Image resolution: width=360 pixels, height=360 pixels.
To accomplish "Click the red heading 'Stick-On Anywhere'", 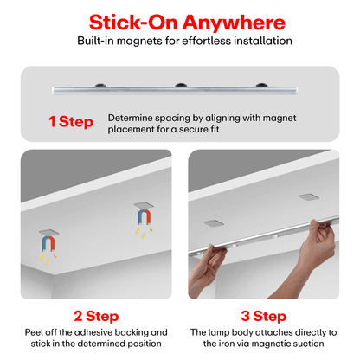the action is click(x=187, y=22).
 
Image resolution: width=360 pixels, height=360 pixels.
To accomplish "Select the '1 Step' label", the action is click(x=71, y=121).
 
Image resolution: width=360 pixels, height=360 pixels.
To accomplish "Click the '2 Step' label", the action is click(x=96, y=316).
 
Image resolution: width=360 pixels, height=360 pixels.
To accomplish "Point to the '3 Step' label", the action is click(x=264, y=316).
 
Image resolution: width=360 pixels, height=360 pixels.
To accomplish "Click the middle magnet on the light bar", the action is click(x=181, y=85).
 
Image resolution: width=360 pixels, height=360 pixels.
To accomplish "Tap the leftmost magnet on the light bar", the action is click(x=100, y=85).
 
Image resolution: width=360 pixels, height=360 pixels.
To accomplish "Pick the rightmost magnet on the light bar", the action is click(x=261, y=85).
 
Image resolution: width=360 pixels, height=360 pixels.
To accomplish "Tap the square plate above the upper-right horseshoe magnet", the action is click(x=144, y=205).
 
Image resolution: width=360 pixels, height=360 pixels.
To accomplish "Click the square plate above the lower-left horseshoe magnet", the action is click(x=49, y=232).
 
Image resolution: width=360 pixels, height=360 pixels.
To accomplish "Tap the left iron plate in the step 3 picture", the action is click(x=214, y=223).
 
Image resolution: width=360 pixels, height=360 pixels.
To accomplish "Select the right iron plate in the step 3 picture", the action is click(x=309, y=197).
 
